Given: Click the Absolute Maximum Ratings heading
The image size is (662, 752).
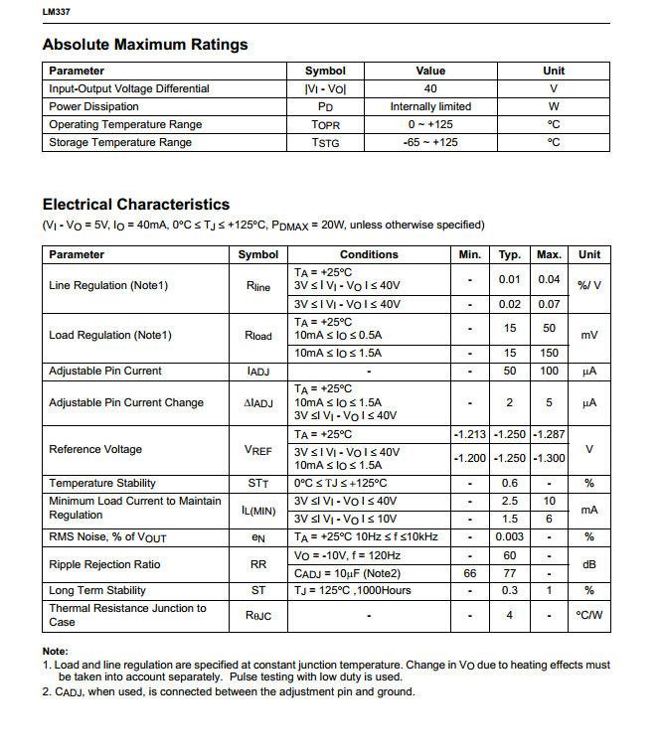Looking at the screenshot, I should pos(145,45).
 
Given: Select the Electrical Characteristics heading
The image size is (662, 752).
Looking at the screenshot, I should pos(136,205).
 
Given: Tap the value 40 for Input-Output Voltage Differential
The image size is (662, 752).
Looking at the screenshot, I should pos(430,88).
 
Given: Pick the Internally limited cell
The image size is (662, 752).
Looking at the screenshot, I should pos(430,106).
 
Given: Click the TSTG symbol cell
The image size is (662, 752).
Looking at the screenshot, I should pos(325,142).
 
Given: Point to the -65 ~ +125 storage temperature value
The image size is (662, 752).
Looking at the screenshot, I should pos(430,142).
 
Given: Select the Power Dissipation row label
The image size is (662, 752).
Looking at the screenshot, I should pos(93,106).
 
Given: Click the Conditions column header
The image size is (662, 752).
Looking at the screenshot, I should pos(369,254).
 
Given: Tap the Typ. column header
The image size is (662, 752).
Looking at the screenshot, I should pos(510,254).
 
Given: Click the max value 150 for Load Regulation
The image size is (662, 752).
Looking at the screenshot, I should pos(549,353).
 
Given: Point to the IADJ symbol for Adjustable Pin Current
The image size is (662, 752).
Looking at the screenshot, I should pos(258,371).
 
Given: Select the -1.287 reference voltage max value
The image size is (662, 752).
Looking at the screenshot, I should pos(549,435).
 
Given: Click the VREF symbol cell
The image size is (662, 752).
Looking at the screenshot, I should pos(258,450).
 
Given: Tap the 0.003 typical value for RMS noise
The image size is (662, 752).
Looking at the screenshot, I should pos(510,536).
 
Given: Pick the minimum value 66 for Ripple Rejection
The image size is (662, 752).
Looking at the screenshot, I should pos(469,573).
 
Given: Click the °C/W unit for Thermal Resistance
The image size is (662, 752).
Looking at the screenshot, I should pos(589,615).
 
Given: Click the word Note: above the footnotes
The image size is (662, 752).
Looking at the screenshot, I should pos(56,651).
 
